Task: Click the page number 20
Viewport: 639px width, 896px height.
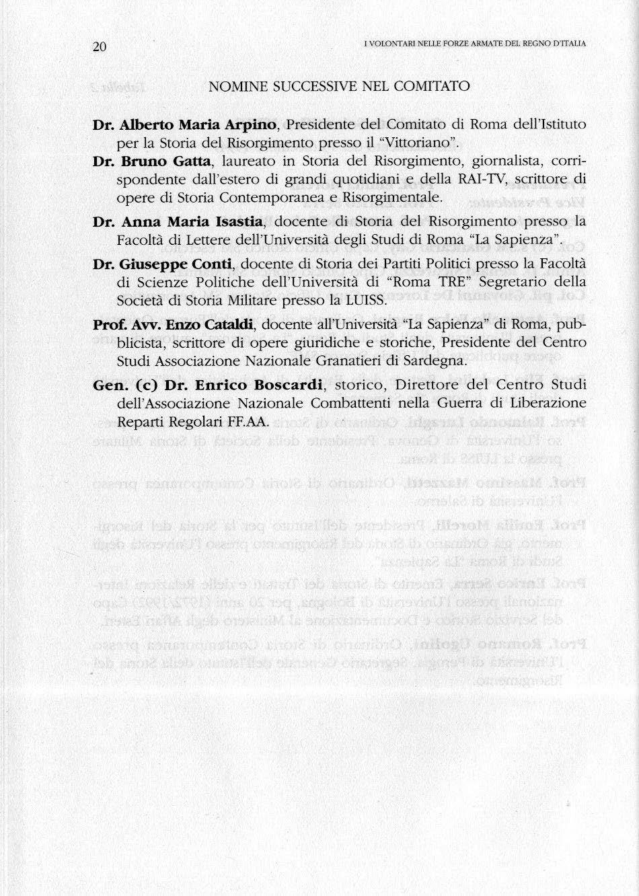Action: [x=100, y=46]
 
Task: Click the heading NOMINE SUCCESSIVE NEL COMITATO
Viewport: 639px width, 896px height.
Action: [x=339, y=87]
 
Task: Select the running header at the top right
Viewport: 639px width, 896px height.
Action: [x=474, y=44]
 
